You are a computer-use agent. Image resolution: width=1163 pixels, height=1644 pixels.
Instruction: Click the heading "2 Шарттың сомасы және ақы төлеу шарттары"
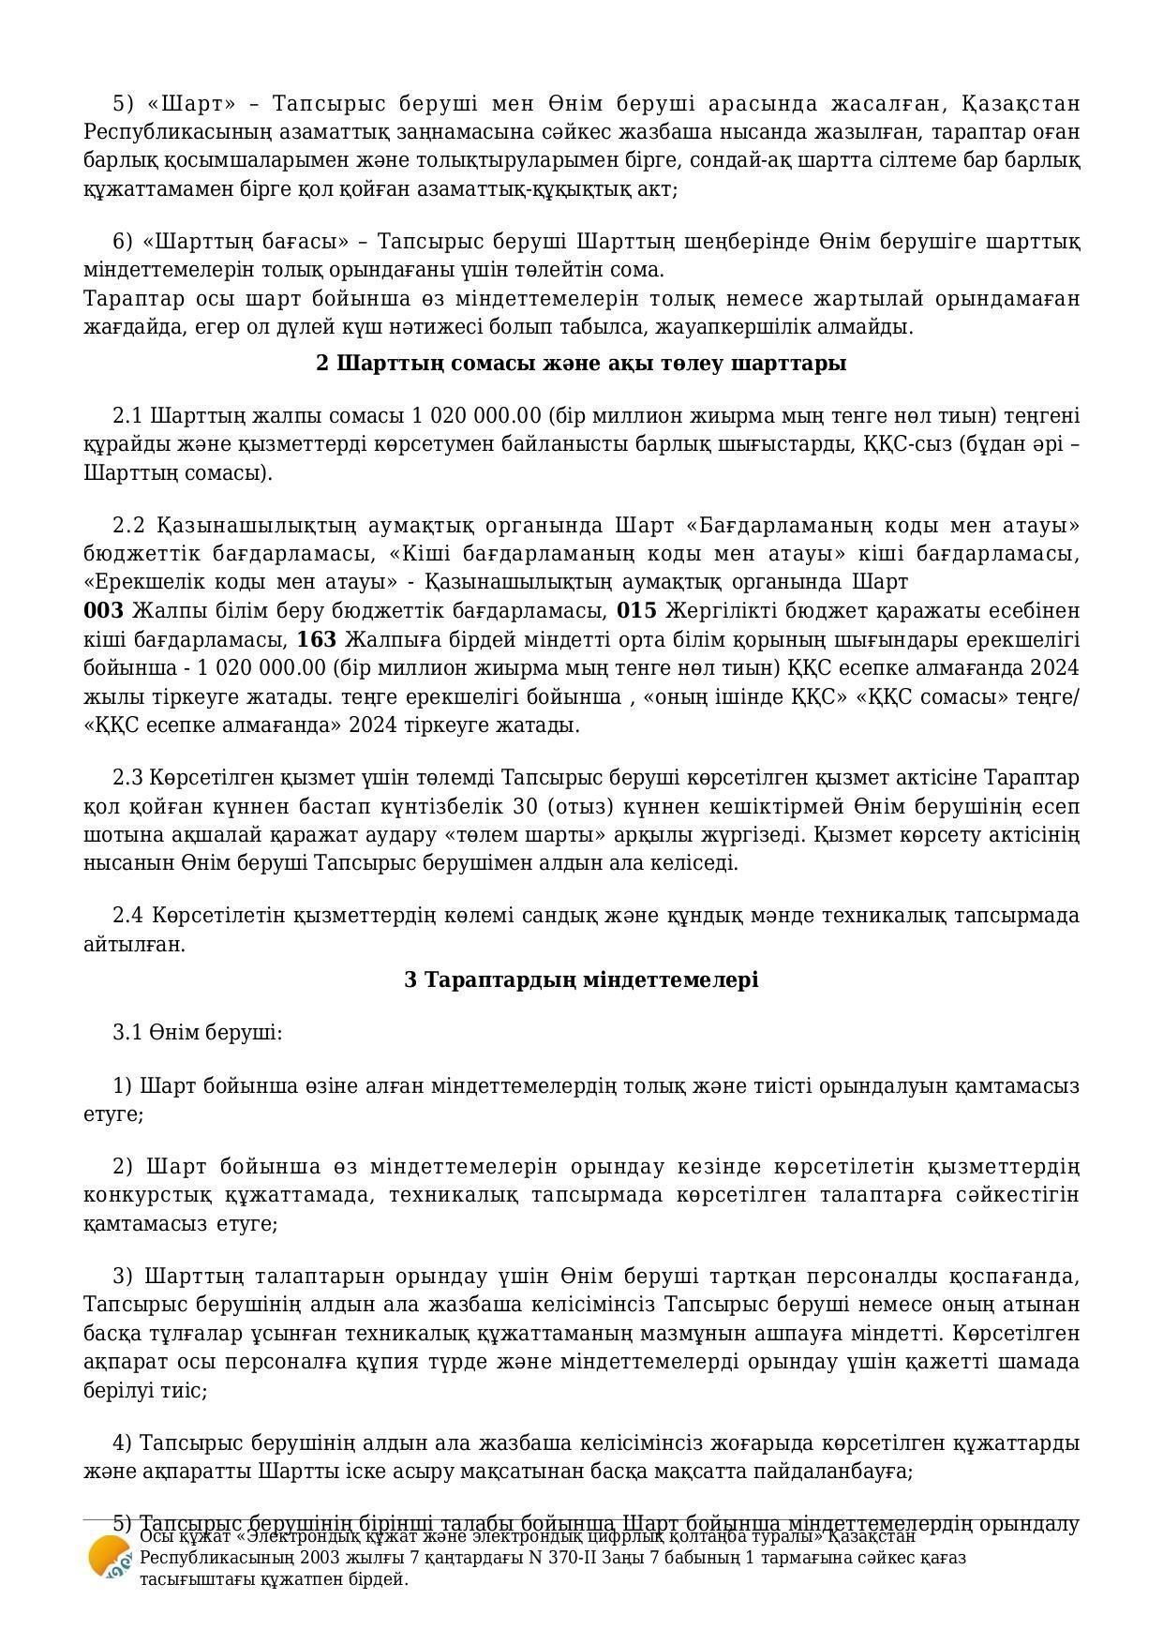581,363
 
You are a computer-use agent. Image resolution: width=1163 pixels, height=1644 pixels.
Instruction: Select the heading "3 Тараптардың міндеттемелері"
581,979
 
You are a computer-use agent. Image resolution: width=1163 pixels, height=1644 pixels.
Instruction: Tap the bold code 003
103,611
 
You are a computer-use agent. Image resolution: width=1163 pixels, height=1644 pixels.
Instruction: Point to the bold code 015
636,611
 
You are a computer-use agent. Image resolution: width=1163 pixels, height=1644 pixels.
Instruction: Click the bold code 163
316,640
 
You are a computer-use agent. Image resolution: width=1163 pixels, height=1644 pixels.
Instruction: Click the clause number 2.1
127,415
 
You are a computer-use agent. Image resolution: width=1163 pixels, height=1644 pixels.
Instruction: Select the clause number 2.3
127,778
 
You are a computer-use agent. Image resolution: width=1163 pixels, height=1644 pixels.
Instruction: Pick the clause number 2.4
127,915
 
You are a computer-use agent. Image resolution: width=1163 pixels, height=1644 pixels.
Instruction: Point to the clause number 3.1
127,1033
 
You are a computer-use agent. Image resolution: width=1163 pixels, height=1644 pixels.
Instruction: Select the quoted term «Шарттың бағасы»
246,242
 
